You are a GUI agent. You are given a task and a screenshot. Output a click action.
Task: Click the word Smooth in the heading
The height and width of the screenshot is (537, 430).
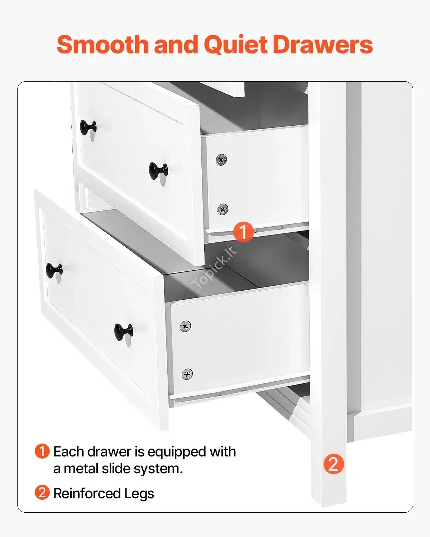[103, 44]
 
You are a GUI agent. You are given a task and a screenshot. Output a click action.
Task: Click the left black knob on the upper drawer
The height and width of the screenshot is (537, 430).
[88, 127]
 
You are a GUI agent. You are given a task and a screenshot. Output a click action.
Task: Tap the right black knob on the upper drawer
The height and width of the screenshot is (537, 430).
[158, 171]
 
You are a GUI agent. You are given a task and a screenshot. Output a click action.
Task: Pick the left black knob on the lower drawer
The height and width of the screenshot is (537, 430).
[54, 270]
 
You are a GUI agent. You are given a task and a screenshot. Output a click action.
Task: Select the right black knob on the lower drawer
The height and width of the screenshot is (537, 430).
[124, 332]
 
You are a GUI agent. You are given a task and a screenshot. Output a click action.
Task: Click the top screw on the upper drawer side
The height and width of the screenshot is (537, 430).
[221, 159]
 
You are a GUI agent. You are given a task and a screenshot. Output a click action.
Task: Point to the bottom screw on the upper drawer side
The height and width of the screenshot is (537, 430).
[223, 209]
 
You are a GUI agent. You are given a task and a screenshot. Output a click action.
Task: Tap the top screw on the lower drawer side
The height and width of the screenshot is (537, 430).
[185, 326]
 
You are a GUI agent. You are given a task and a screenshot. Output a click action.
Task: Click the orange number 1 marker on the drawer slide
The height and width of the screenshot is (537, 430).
[243, 232]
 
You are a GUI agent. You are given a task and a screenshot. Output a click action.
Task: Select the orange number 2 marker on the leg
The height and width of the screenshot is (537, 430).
[334, 464]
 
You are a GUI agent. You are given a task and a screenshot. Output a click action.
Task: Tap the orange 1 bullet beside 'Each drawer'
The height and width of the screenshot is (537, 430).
[42, 451]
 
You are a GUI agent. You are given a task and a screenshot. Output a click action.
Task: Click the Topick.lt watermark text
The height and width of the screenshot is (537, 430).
[214, 267]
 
